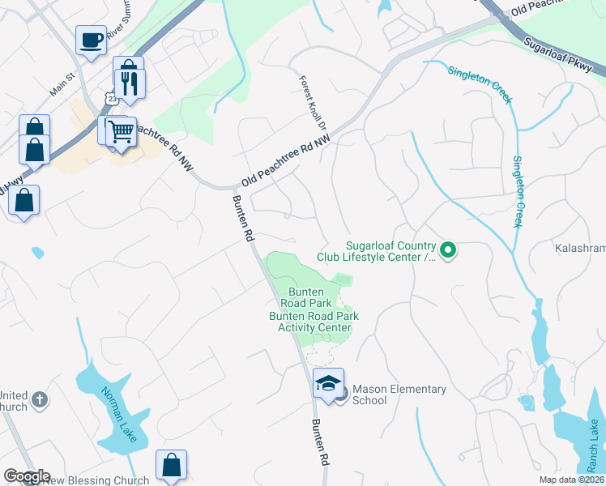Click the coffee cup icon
(91, 39)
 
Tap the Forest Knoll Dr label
(312, 104)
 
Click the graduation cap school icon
(329, 383)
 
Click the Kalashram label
(580, 248)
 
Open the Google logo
(26, 476)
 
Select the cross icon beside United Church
(40, 399)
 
